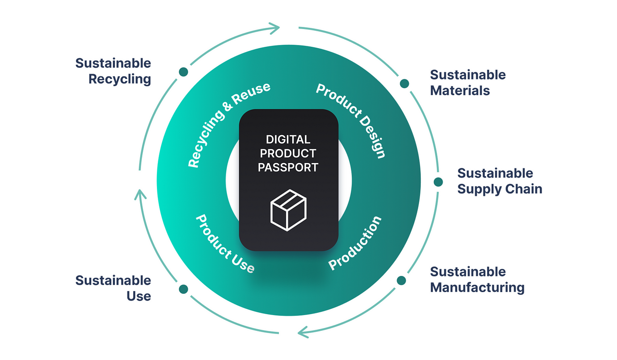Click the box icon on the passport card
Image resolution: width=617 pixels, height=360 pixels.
pyautogui.click(x=288, y=210)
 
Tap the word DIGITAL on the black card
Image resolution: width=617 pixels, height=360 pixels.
pyautogui.click(x=288, y=140)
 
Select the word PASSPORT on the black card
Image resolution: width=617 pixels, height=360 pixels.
pyautogui.click(x=288, y=167)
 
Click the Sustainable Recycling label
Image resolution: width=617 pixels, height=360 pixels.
pyautogui.click(x=113, y=71)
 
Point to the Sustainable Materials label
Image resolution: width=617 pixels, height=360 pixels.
pyautogui.click(x=468, y=83)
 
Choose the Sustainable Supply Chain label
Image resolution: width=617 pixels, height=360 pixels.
pyautogui.click(x=500, y=181)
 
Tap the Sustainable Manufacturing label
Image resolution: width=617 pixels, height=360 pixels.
pyautogui.click(x=477, y=279)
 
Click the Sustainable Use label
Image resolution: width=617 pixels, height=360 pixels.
pyautogui.click(x=113, y=288)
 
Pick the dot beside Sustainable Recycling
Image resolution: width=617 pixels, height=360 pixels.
pyautogui.click(x=183, y=72)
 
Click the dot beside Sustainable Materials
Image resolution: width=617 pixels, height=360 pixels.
pyautogui.click(x=405, y=83)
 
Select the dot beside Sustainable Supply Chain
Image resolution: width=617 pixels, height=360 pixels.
pyautogui.click(x=438, y=182)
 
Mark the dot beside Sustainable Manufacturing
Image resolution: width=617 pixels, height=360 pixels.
pyautogui.click(x=401, y=281)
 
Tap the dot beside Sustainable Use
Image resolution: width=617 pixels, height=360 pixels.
pyautogui.click(x=183, y=289)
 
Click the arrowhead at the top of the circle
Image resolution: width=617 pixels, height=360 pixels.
pyautogui.click(x=274, y=28)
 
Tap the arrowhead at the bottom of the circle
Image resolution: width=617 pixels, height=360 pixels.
pyautogui.click(x=304, y=332)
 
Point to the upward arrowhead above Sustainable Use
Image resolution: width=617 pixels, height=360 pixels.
pyautogui.click(x=140, y=194)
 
